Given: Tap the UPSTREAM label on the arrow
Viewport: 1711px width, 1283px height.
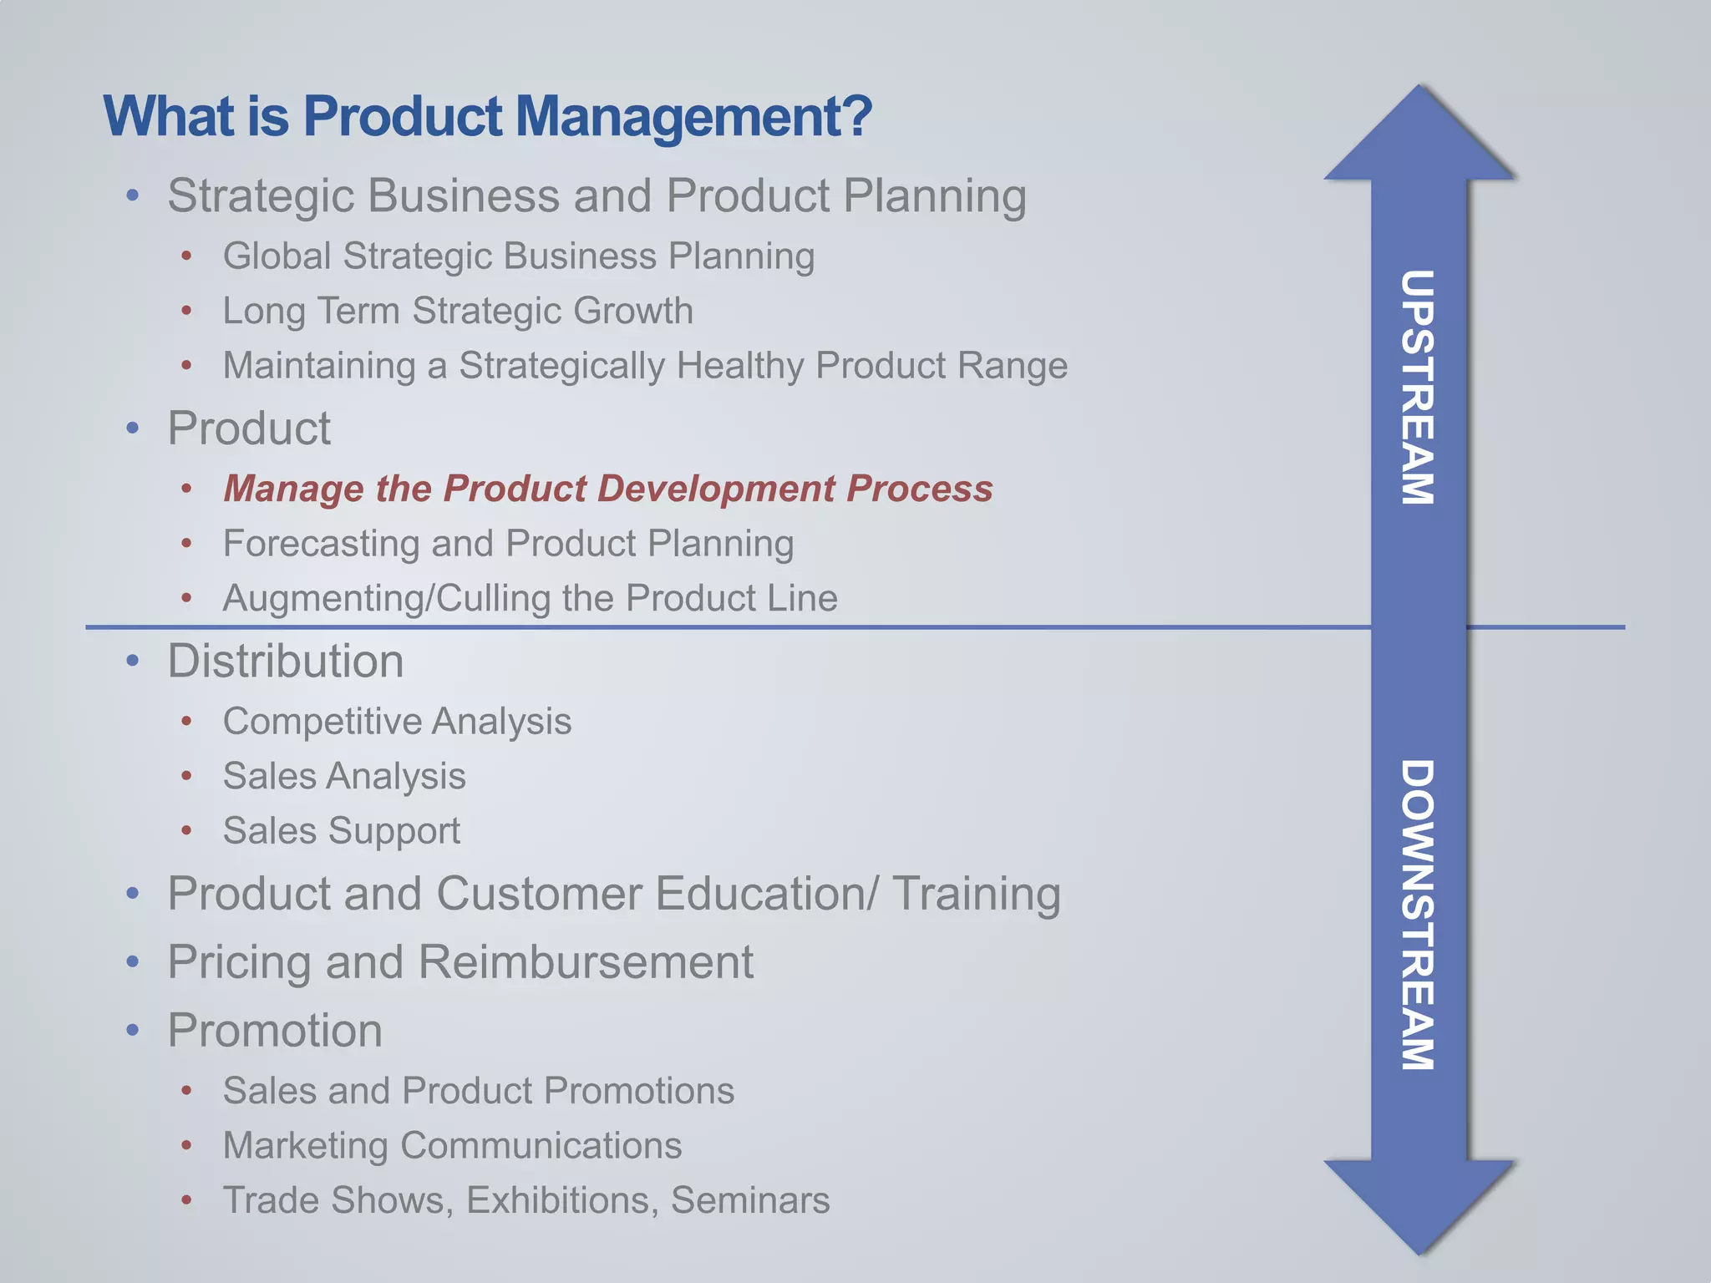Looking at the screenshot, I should coord(1418,387).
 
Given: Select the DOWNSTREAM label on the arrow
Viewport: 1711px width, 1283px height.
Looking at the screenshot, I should coord(1418,915).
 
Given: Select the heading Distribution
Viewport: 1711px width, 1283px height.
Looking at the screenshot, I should coord(286,662).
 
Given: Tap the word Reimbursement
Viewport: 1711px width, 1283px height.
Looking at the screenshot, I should coord(586,962).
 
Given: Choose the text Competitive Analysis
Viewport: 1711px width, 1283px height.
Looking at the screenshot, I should coord(397,722).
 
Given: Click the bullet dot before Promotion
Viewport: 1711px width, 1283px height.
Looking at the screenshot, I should coord(133,1031).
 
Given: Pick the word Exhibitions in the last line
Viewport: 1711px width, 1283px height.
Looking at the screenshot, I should coord(557,1200).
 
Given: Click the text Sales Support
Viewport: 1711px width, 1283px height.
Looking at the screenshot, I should coord(341,831).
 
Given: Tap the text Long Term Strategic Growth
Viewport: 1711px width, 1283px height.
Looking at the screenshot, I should coord(458,311).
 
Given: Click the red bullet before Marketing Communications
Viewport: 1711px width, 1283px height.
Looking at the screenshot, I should coord(187,1145).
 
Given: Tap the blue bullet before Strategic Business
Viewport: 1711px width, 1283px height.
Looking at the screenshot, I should coord(133,196).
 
